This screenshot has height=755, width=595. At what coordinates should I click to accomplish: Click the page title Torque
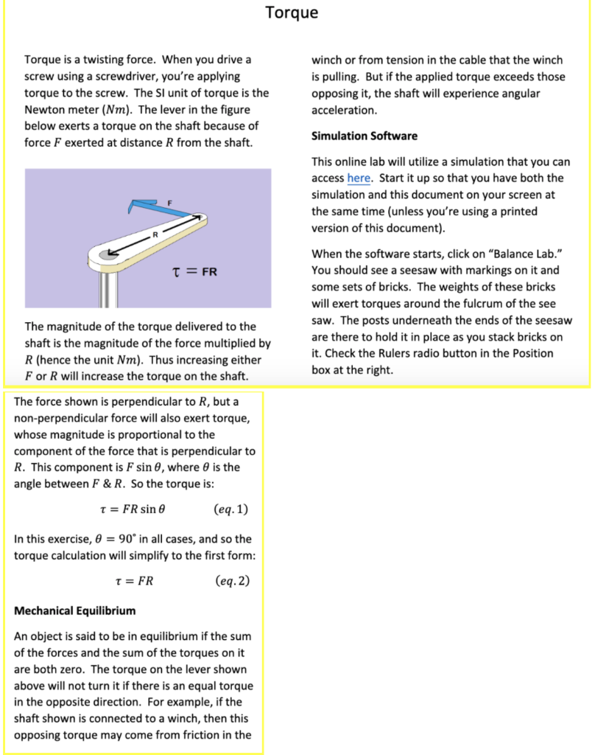pos(292,13)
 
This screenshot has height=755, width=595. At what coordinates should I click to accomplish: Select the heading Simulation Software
pos(365,136)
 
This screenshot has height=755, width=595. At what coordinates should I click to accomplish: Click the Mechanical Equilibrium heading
pos(75,610)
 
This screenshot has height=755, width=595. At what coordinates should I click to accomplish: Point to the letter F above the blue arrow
pos(169,202)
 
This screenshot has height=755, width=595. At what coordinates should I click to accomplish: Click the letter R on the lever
pos(155,234)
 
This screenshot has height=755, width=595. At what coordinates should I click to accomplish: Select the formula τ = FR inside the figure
pos(194,271)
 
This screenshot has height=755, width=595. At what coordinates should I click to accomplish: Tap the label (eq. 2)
pos(232,580)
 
